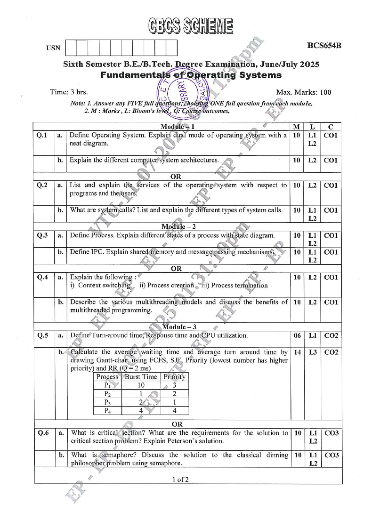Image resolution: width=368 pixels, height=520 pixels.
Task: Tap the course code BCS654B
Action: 324,46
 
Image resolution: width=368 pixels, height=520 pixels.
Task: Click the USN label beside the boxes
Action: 53,48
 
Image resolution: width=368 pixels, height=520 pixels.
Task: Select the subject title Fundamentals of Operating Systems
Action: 191,75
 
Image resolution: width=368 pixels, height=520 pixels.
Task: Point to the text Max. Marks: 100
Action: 303,92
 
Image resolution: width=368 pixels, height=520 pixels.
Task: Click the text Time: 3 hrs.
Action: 69,92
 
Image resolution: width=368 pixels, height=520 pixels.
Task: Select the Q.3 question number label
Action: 43,235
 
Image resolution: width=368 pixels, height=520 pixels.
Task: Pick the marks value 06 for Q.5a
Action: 297,335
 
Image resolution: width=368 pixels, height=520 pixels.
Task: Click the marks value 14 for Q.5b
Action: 297,352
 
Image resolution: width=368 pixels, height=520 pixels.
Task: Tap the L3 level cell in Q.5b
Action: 312,352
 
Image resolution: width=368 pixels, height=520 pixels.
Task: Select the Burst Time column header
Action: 141,377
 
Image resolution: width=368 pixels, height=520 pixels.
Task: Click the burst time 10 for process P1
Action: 141,385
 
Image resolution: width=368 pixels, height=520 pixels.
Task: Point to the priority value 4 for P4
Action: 174,411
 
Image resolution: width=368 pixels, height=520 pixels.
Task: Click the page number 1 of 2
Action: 180,480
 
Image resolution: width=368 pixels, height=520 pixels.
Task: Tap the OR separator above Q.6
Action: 177,424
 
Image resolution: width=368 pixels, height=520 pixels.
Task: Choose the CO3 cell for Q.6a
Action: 332,433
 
